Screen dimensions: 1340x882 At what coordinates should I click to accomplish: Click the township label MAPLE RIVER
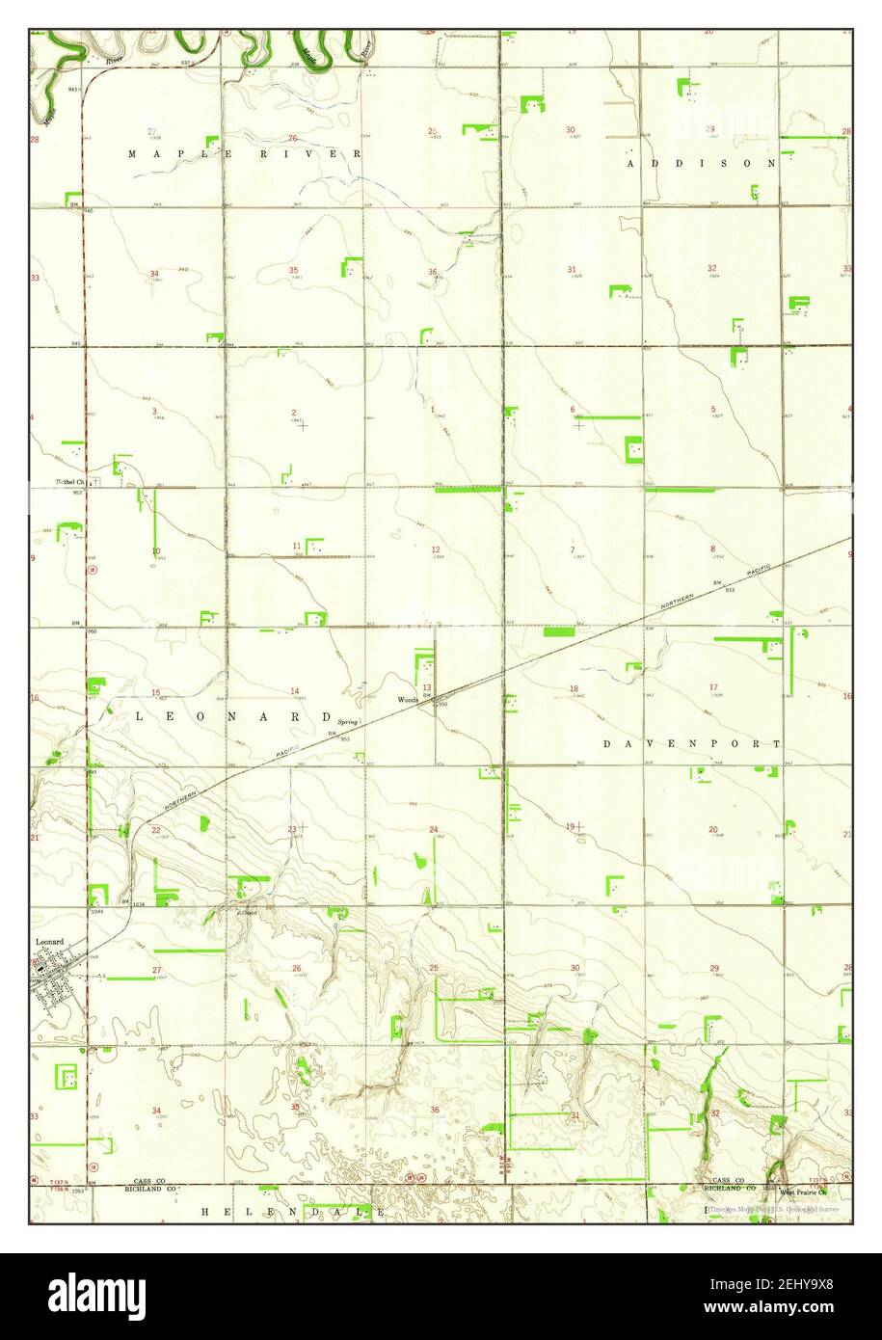(245, 154)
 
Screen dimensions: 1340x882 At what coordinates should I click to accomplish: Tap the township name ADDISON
(701, 164)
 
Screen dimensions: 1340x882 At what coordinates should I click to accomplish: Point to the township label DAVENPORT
(691, 744)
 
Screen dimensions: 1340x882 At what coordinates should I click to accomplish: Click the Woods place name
(407, 700)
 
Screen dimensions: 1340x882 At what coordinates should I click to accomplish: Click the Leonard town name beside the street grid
(49, 942)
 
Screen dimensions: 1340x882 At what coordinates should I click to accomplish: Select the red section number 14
(295, 690)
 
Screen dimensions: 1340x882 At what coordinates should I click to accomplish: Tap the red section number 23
(292, 829)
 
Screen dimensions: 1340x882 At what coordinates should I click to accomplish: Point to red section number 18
(574, 688)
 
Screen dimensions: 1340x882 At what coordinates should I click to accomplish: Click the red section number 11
(296, 547)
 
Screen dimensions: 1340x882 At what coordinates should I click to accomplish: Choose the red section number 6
(572, 409)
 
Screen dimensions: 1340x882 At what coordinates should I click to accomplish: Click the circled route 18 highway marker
(93, 571)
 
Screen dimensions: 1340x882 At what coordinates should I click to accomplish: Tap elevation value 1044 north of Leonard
(97, 911)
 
